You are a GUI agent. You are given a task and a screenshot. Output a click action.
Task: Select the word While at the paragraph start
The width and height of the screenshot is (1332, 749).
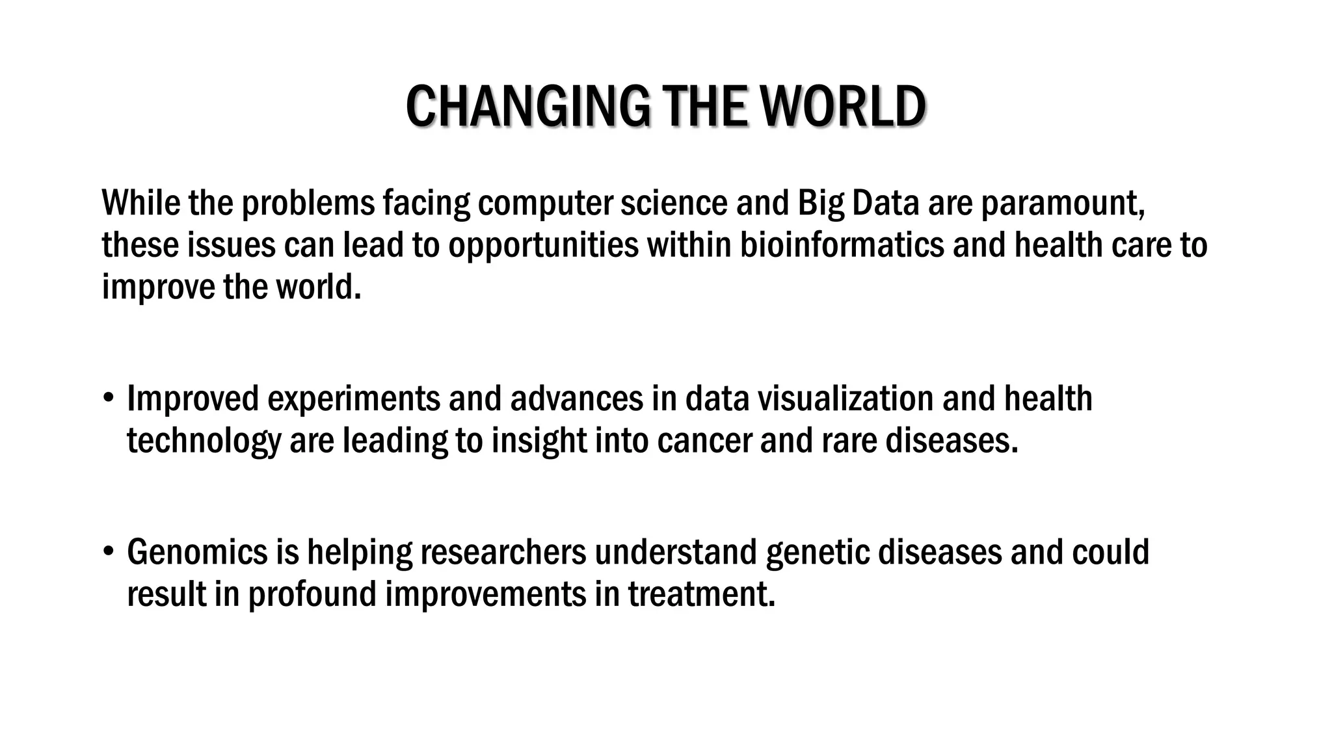coord(140,203)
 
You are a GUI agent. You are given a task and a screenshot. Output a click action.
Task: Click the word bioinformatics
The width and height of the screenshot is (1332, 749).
coord(842,245)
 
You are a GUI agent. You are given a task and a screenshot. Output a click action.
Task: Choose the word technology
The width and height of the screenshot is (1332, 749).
coord(204,441)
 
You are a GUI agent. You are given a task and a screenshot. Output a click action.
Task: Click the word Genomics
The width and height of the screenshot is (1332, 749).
coord(197,552)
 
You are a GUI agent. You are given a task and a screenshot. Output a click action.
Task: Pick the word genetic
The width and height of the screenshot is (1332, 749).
coord(818,552)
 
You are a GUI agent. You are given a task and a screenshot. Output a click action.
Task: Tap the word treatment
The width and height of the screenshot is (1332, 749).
coord(702,594)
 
